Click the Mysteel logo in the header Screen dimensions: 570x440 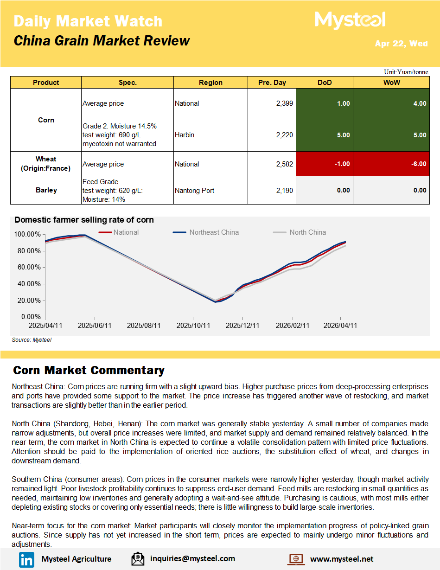coord(350,20)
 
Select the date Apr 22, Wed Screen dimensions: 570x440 coord(401,44)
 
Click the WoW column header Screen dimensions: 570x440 coord(391,83)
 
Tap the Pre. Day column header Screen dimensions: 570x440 coord(272,83)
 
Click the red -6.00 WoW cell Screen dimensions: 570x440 coord(391,164)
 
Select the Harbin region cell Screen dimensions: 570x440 coord(185,135)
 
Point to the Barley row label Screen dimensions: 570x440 coord(46,190)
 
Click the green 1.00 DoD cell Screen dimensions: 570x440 coord(324,103)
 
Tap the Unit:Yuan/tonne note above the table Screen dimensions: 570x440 coord(406,72)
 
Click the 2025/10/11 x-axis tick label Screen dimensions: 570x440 coord(193,326)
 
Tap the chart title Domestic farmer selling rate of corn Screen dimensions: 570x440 coord(84,220)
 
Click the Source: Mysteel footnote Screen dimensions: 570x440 coord(32,340)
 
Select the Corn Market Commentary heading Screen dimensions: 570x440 coord(89,370)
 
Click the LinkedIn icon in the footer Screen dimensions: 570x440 coord(26,559)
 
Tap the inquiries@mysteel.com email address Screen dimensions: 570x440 coord(192,559)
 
